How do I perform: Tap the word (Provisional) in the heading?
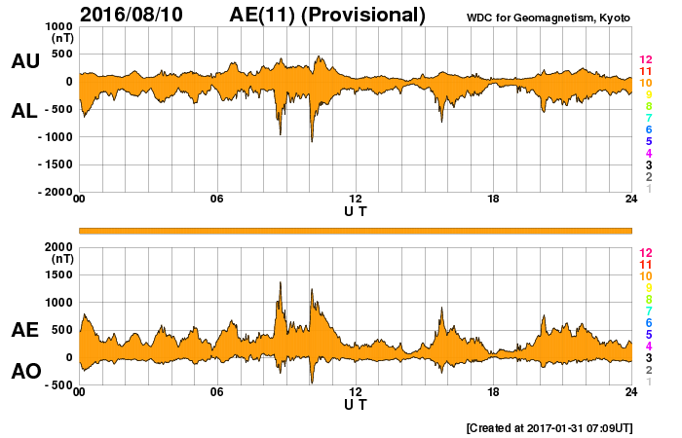click(364, 15)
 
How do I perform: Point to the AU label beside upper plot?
click(24, 61)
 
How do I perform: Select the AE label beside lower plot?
click(24, 330)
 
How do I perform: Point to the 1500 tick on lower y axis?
click(59, 275)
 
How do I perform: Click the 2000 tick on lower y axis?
click(59, 247)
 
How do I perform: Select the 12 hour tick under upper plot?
click(356, 200)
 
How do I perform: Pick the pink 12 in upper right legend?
click(645, 60)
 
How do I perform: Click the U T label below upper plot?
click(356, 210)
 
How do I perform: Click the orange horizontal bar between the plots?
click(356, 230)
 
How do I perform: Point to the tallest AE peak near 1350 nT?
click(281, 283)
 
